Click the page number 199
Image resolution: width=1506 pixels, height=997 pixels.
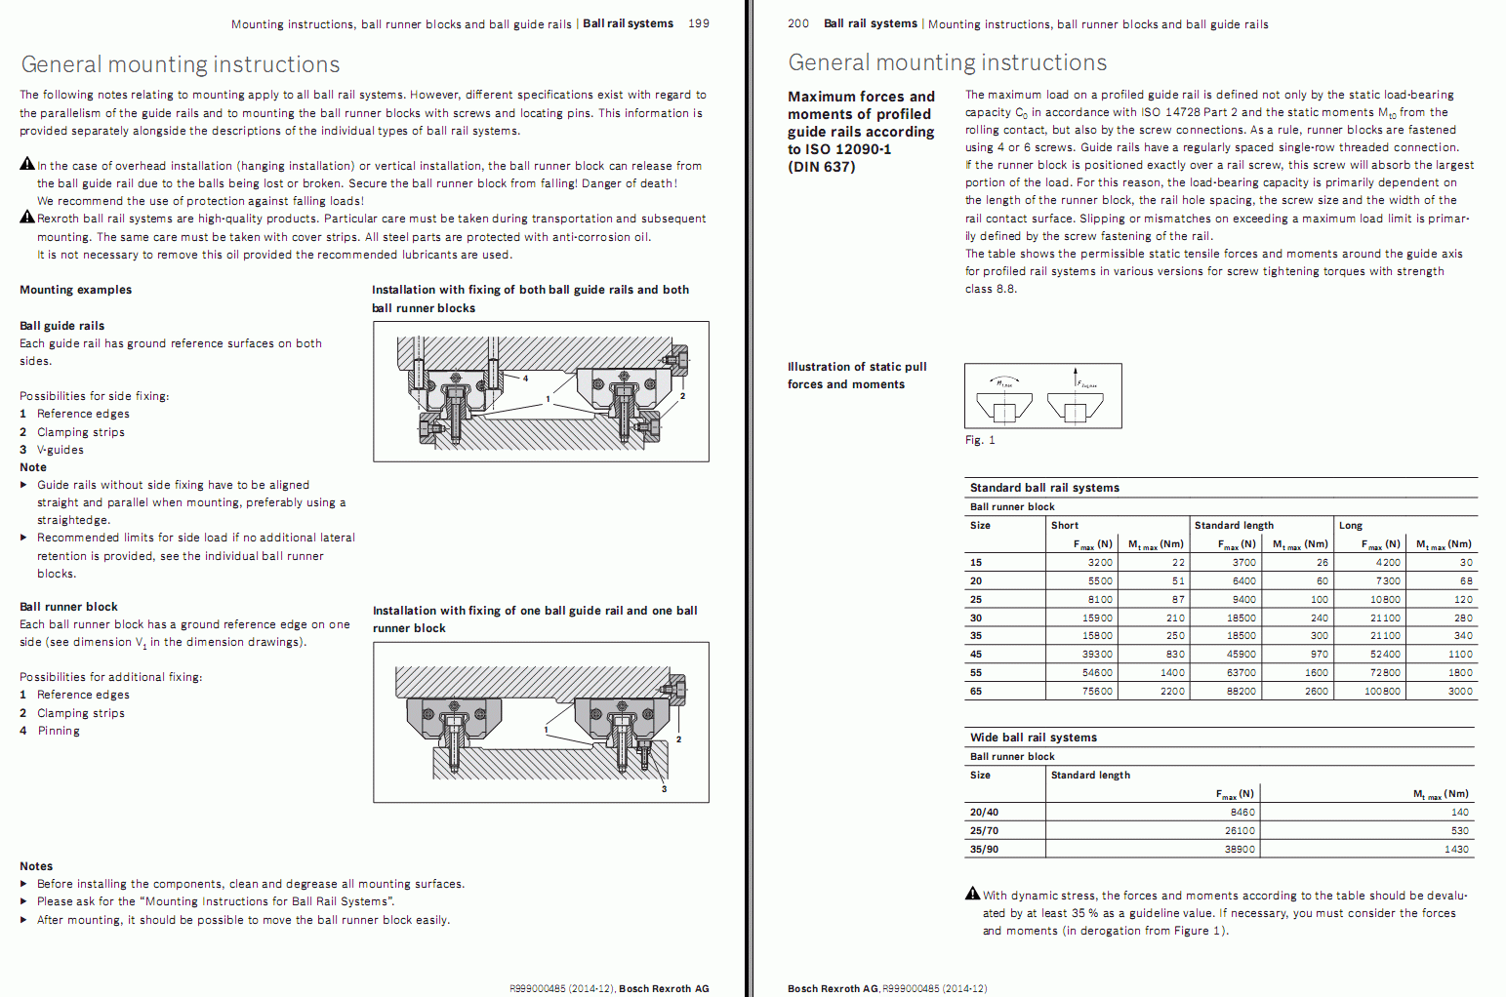click(x=699, y=23)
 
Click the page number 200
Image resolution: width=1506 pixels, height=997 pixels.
click(x=798, y=23)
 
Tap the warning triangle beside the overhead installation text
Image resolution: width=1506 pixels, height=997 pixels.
click(x=27, y=164)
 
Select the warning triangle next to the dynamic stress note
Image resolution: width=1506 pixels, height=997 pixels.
click(x=972, y=894)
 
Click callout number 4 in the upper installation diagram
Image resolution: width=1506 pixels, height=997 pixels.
click(x=525, y=379)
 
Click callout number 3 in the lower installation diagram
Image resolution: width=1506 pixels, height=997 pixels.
click(x=664, y=788)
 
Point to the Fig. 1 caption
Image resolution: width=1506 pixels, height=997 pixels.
click(x=980, y=440)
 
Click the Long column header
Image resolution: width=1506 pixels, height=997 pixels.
click(x=1350, y=525)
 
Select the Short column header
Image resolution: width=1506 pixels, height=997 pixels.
click(x=1064, y=525)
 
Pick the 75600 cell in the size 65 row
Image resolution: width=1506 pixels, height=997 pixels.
click(x=1097, y=691)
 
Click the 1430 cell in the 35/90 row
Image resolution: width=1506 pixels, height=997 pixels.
click(x=1456, y=849)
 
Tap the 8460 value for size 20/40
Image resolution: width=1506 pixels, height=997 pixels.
click(x=1241, y=812)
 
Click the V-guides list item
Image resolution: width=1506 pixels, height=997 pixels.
click(x=61, y=450)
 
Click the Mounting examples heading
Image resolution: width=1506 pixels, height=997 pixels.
click(x=75, y=290)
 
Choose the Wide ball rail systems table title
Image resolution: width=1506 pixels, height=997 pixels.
click(x=1033, y=738)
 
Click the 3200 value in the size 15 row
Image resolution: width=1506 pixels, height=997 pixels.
click(x=1100, y=562)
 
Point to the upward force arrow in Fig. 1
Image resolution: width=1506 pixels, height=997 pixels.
click(x=1077, y=379)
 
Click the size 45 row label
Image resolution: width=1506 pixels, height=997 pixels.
click(x=976, y=654)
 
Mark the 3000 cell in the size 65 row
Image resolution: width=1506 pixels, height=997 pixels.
click(x=1460, y=691)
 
